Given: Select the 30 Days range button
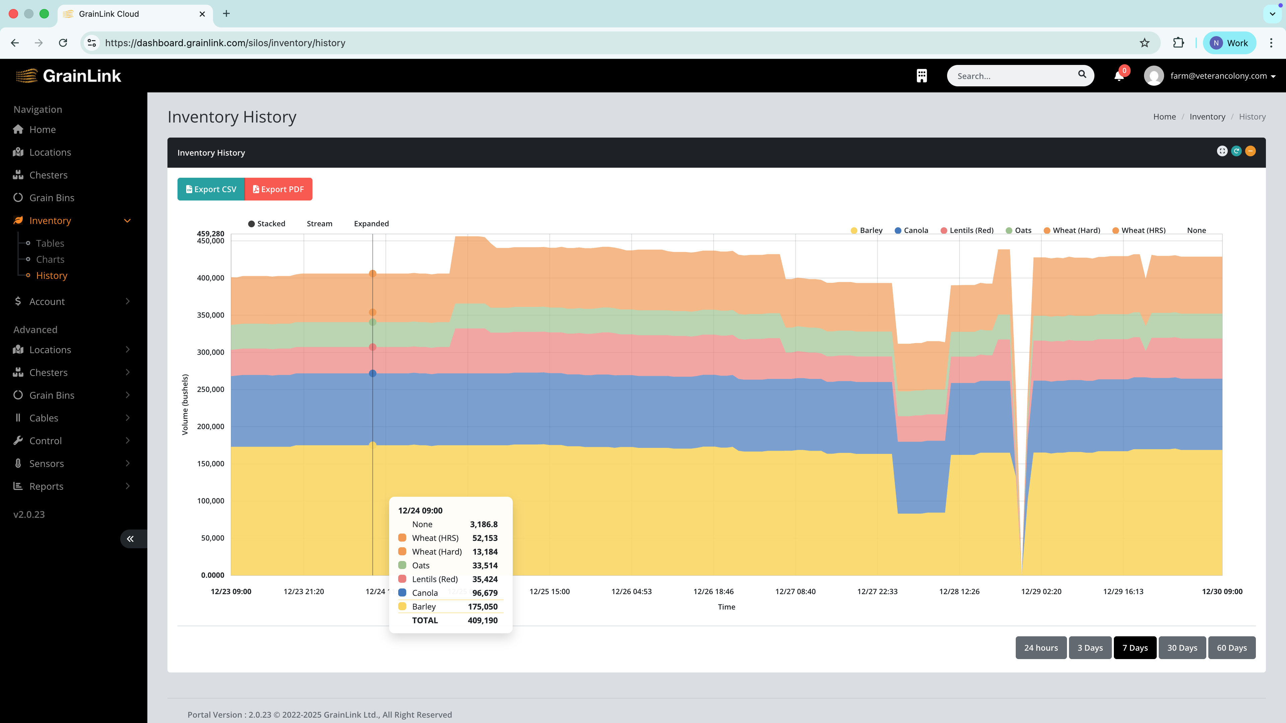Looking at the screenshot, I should (x=1182, y=648).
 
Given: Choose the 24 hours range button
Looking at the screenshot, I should (x=1041, y=648).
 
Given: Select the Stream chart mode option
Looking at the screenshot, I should (x=319, y=224).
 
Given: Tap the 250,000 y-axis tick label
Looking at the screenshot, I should (x=210, y=389).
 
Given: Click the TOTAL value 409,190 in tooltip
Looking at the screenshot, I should (x=482, y=620).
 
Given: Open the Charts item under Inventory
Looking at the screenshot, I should (x=50, y=259).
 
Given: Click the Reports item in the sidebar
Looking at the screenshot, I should (x=46, y=486).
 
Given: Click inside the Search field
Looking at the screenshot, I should (x=1013, y=76).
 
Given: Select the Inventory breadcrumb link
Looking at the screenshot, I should (x=1207, y=117).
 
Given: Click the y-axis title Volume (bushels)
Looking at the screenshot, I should (x=185, y=404).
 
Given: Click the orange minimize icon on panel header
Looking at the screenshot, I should (x=1250, y=151).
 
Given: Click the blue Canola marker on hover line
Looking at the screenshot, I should (x=372, y=373).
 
